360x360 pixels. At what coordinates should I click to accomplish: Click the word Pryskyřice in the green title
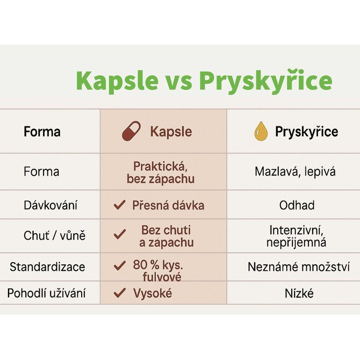(265, 82)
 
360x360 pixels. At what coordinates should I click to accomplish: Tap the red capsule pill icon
(131, 131)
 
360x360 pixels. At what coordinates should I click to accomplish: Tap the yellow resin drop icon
(261, 131)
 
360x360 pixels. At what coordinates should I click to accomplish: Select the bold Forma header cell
(42, 132)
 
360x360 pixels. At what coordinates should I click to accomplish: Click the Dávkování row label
(51, 205)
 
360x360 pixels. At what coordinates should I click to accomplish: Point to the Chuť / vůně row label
(54, 235)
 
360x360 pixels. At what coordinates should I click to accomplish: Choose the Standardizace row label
(47, 267)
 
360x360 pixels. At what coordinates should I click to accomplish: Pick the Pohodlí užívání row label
(46, 293)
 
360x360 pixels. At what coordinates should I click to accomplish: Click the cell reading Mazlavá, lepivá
(295, 171)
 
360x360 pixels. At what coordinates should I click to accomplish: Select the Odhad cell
(297, 205)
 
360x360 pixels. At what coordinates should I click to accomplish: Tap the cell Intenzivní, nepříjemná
(297, 236)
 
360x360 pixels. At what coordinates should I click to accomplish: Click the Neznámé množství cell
(299, 267)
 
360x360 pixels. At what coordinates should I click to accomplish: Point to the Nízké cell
(299, 293)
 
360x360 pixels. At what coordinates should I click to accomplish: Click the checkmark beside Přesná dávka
(120, 205)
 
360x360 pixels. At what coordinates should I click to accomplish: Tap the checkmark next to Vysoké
(120, 293)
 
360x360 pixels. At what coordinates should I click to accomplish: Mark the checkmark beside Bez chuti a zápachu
(120, 234)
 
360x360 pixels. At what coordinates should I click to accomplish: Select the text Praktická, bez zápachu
(161, 172)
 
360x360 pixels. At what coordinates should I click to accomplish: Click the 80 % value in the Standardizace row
(146, 265)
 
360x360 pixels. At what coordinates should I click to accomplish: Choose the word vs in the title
(178, 83)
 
